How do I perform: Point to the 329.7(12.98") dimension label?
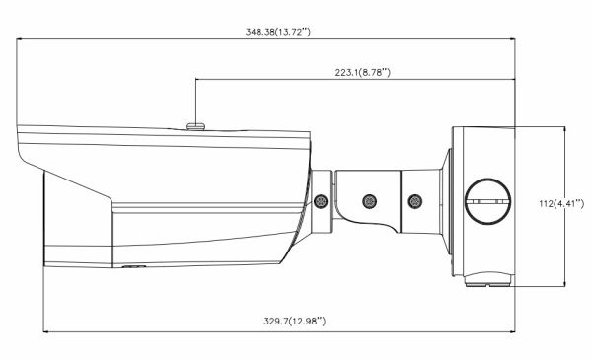pyautogui.click(x=280, y=321)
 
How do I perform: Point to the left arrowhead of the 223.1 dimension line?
pyautogui.click(x=199, y=80)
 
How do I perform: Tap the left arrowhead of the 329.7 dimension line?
pyautogui.click(x=45, y=330)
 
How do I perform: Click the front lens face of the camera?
pyautogui.click(x=44, y=218)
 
